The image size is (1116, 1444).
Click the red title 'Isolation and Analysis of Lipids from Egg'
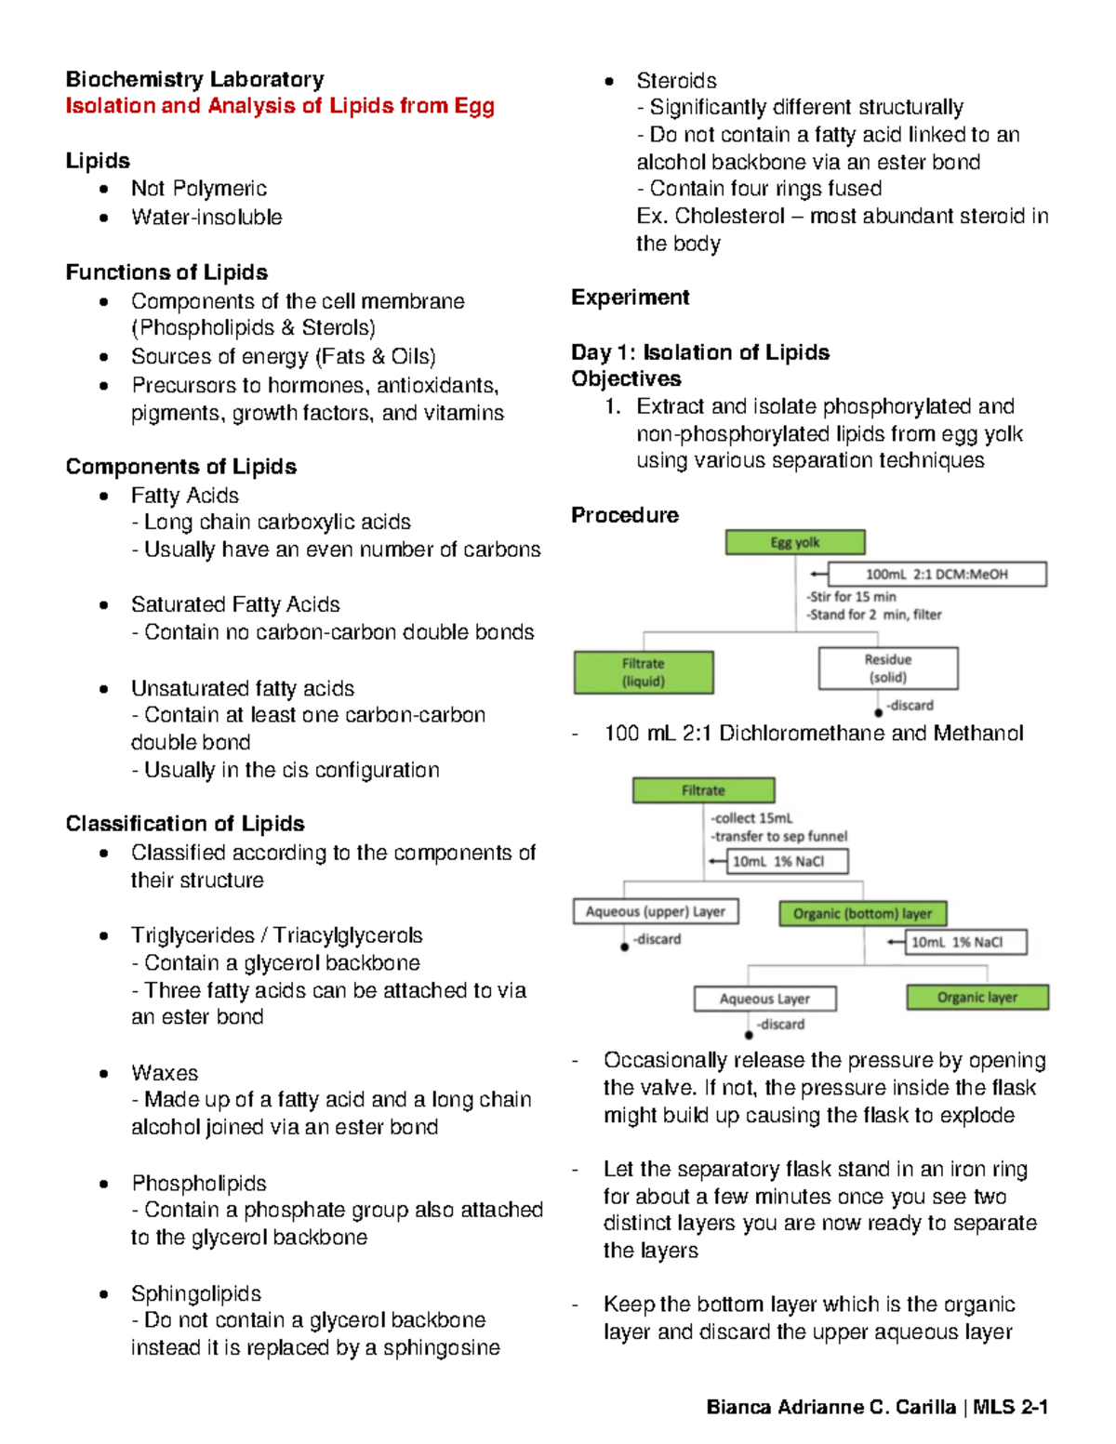(x=279, y=106)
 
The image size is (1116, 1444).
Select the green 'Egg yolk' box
(x=795, y=542)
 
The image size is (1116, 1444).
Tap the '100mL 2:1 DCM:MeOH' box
(x=937, y=575)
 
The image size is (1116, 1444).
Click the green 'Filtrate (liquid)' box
(x=644, y=672)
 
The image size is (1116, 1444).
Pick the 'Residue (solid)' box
(x=888, y=669)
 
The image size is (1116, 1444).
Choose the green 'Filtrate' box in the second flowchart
(x=703, y=790)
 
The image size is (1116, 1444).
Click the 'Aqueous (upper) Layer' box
(x=656, y=911)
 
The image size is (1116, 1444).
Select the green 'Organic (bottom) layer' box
(x=862, y=914)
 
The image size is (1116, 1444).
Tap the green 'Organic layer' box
(x=977, y=998)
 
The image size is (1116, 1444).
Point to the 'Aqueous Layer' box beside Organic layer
(x=764, y=999)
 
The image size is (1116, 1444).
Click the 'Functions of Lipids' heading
(x=166, y=272)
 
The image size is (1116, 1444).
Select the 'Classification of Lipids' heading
(x=185, y=824)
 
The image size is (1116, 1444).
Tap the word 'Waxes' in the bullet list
(x=165, y=1073)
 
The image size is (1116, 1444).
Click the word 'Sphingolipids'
(x=196, y=1293)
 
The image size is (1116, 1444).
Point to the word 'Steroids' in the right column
(x=676, y=81)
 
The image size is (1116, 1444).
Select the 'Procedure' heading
(x=625, y=515)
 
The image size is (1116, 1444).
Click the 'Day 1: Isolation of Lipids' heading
(x=700, y=352)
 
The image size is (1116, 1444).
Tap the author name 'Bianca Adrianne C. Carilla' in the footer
(x=830, y=1407)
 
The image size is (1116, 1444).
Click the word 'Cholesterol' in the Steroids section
(x=730, y=217)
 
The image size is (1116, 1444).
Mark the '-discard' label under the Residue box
(x=910, y=706)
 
